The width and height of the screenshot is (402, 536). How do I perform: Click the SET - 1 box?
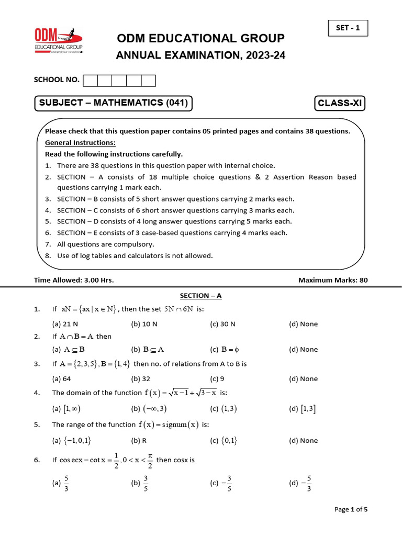point(348,28)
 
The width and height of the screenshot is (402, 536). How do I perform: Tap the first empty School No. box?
point(90,80)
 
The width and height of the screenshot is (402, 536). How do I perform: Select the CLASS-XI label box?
point(340,104)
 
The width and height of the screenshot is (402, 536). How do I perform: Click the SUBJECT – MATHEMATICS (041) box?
point(113,103)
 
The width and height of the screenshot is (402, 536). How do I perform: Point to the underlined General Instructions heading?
point(80,142)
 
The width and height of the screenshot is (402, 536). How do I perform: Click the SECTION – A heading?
point(201,296)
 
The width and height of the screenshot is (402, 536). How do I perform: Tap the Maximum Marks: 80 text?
point(333,280)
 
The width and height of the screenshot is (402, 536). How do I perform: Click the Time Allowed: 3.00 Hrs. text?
point(74,280)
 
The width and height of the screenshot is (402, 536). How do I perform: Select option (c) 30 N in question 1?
point(222,324)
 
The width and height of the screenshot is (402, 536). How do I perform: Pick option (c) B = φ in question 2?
point(224,349)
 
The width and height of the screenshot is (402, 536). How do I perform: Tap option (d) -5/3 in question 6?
point(303,483)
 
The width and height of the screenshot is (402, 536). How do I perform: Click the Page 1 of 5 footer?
point(351,509)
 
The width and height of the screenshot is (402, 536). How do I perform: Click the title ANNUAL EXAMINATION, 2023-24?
point(200,55)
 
